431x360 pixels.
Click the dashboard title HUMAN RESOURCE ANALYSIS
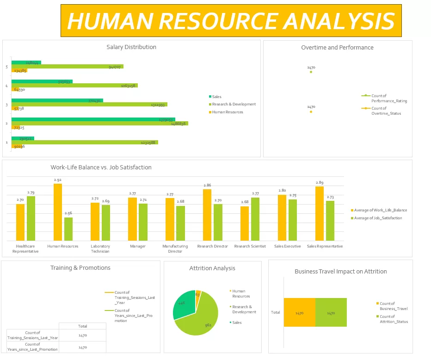[231, 21]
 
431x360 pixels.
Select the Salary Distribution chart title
[131, 47]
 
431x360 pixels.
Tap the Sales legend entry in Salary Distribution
[216, 97]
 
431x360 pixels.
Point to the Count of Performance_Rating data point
[311, 72]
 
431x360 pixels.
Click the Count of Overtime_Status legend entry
[386, 111]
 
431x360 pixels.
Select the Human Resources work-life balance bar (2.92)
[57, 212]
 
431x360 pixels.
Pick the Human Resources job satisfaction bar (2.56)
[68, 229]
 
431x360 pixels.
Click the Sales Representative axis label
[325, 246]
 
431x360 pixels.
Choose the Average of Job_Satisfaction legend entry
[378, 218]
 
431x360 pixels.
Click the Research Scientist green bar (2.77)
[255, 219]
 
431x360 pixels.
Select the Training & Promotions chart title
[80, 268]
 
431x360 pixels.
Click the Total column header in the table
[82, 326]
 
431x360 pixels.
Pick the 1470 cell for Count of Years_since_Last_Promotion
[82, 347]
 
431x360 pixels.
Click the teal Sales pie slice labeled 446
[183, 303]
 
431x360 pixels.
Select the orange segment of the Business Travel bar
[299, 313]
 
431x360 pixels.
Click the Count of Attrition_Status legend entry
[394, 319]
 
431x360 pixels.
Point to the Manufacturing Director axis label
[175, 248]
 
